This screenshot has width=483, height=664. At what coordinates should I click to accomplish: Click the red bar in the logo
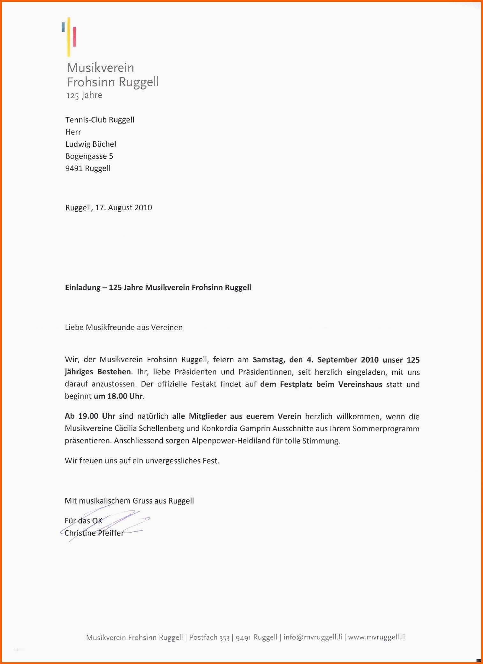74,36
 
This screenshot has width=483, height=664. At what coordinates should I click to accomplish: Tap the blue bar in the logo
63,27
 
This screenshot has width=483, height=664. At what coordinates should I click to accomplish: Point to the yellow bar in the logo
69,37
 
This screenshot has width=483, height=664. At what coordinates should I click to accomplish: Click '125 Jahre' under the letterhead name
84,95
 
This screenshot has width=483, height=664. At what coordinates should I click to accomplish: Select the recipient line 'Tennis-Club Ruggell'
100,120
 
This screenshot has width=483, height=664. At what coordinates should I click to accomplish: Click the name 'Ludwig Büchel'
91,144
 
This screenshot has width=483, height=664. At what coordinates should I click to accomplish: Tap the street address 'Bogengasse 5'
89,156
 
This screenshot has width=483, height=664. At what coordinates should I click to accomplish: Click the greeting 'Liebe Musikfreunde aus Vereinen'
124,327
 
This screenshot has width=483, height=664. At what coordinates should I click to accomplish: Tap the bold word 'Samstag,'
269,360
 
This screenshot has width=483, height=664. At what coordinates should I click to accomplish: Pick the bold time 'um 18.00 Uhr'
118,396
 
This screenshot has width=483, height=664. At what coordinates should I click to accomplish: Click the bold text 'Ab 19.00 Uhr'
90,416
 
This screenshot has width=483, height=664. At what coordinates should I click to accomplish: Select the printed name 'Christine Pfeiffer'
94,533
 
